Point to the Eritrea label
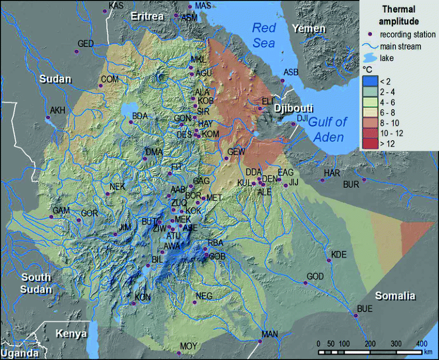(147, 17)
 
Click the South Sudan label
(37, 283)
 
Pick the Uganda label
(19, 353)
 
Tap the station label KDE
(339, 255)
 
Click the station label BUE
(364, 309)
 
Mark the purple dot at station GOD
(305, 283)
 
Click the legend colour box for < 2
(371, 81)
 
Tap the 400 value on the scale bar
(422, 343)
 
